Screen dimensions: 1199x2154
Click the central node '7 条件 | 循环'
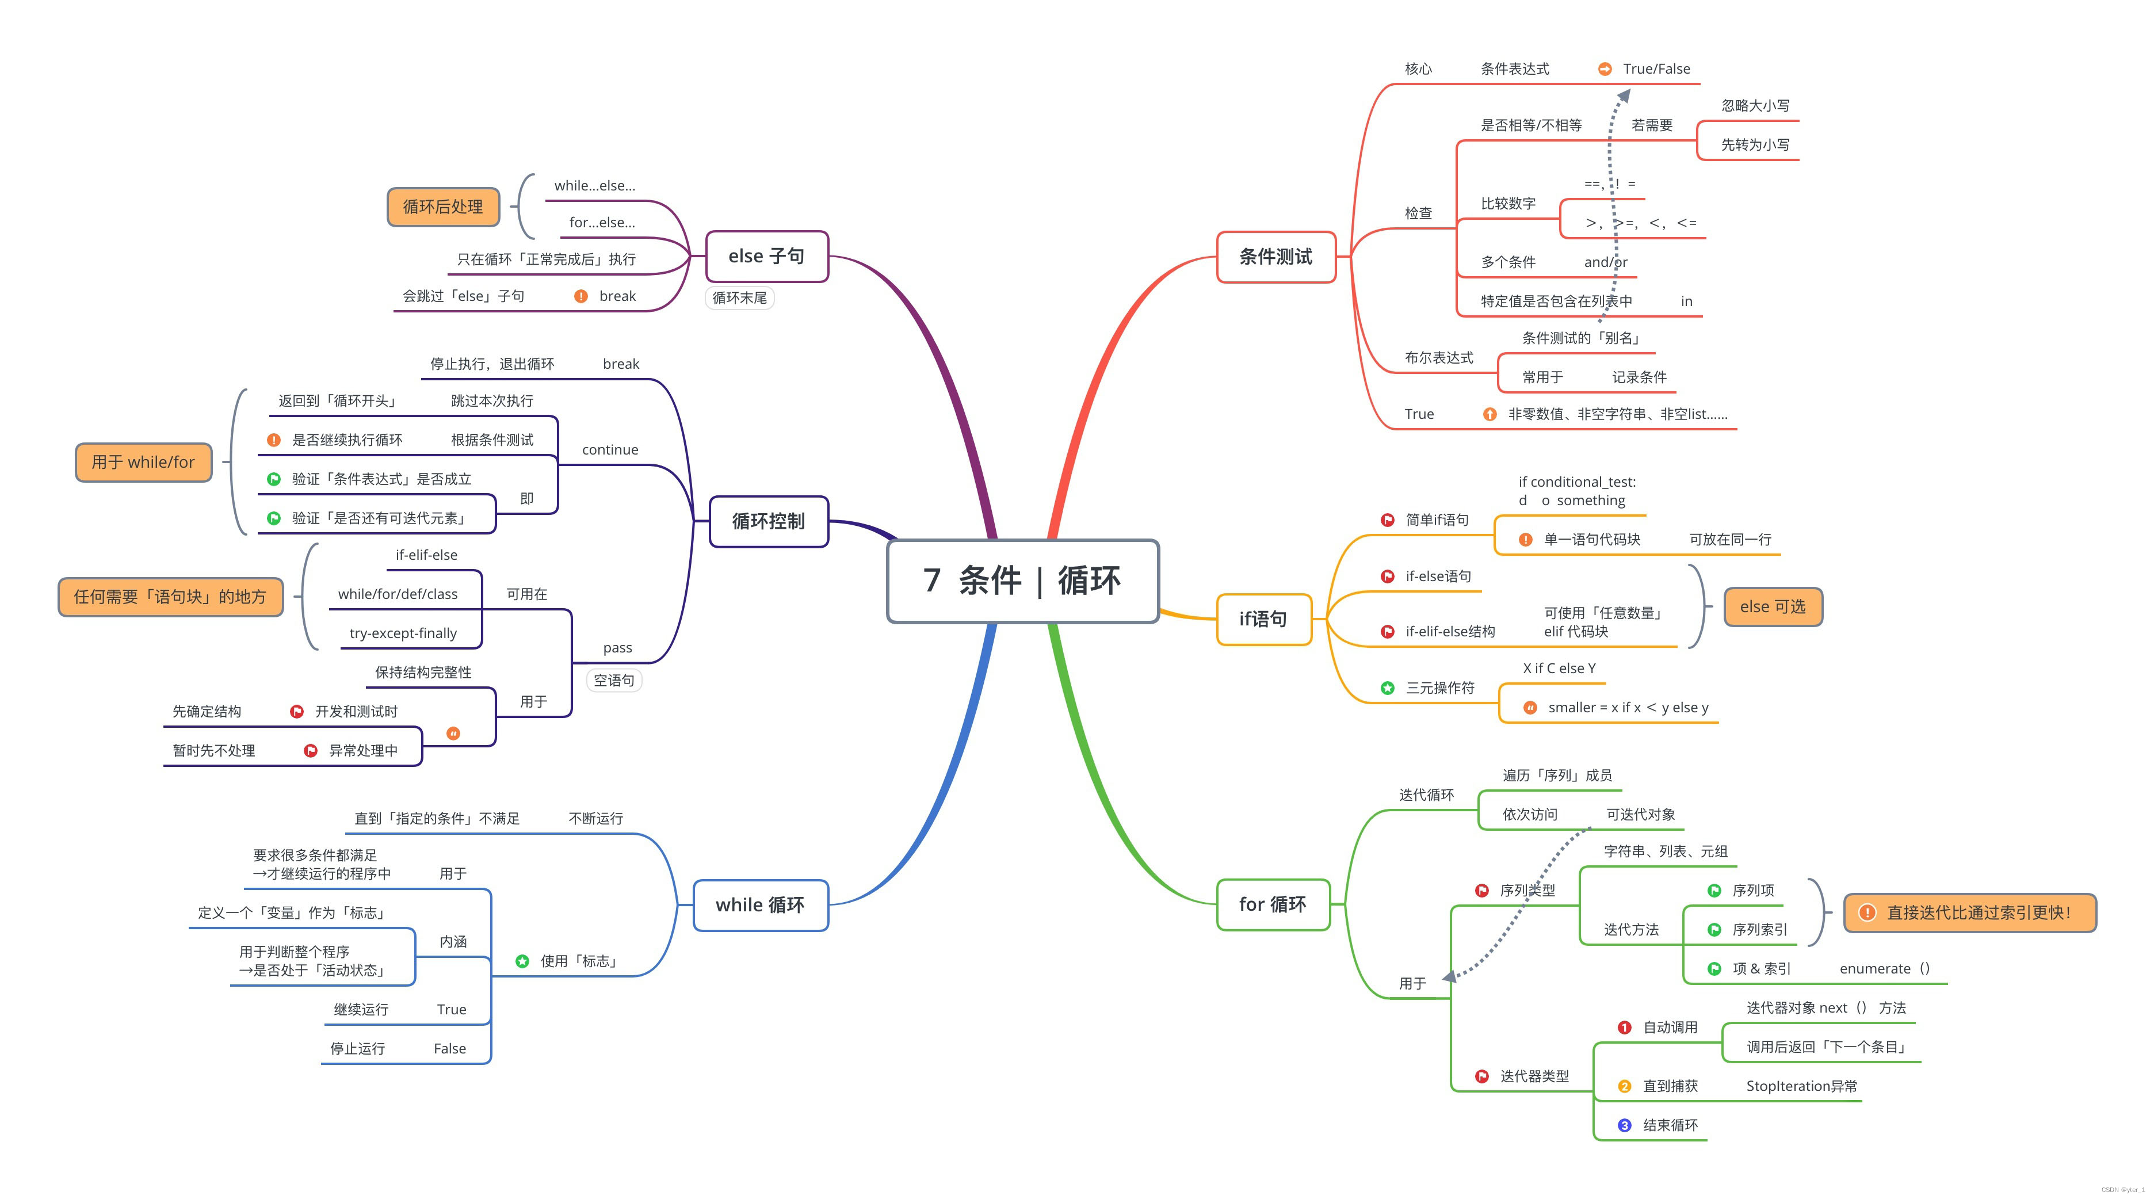1022,581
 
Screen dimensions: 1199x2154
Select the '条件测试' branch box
1275,257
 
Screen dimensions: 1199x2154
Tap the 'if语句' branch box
1263,618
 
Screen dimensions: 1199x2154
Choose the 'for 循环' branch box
1273,904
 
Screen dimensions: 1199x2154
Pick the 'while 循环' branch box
760,904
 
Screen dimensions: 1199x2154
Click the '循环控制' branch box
767,521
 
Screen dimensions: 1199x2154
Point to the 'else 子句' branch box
766,256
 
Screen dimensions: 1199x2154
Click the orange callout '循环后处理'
442,207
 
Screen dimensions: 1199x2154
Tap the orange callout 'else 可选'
1772,606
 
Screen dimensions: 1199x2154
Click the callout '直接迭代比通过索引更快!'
1969,912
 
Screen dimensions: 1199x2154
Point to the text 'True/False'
1656,68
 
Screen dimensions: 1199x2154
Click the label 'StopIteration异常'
1801,1085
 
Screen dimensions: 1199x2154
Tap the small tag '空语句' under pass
614,680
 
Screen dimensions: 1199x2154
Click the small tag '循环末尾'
739,297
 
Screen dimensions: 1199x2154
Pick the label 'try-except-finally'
403,633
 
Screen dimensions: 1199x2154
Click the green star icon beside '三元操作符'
1387,688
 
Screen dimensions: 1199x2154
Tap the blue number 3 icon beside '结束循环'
1624,1125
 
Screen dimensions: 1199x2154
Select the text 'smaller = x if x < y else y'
1627,707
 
